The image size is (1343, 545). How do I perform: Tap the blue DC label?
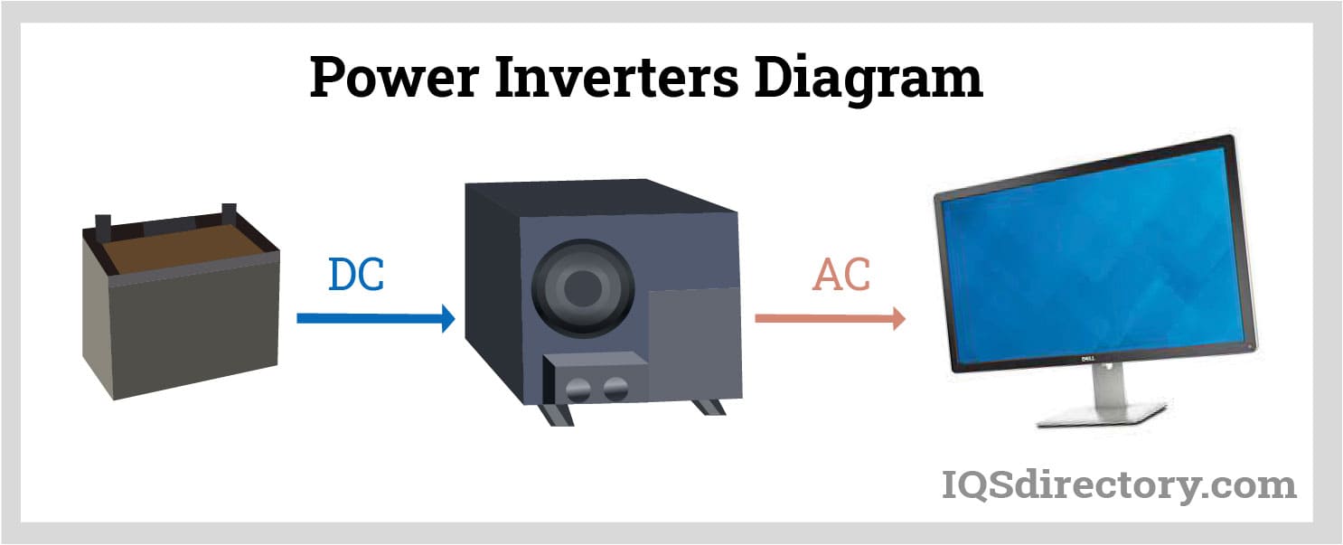[x=356, y=276]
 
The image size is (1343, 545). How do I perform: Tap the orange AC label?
[x=841, y=276]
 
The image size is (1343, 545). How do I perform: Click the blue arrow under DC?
[x=375, y=318]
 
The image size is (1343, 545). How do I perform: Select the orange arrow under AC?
[x=830, y=318]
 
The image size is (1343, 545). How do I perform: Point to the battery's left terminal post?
[x=102, y=222]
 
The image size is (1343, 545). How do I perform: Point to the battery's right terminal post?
[x=229, y=213]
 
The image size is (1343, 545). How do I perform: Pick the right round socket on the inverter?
[x=616, y=390]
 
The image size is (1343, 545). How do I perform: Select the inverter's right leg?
[x=709, y=406]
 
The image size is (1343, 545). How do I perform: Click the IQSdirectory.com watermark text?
[x=1119, y=485]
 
